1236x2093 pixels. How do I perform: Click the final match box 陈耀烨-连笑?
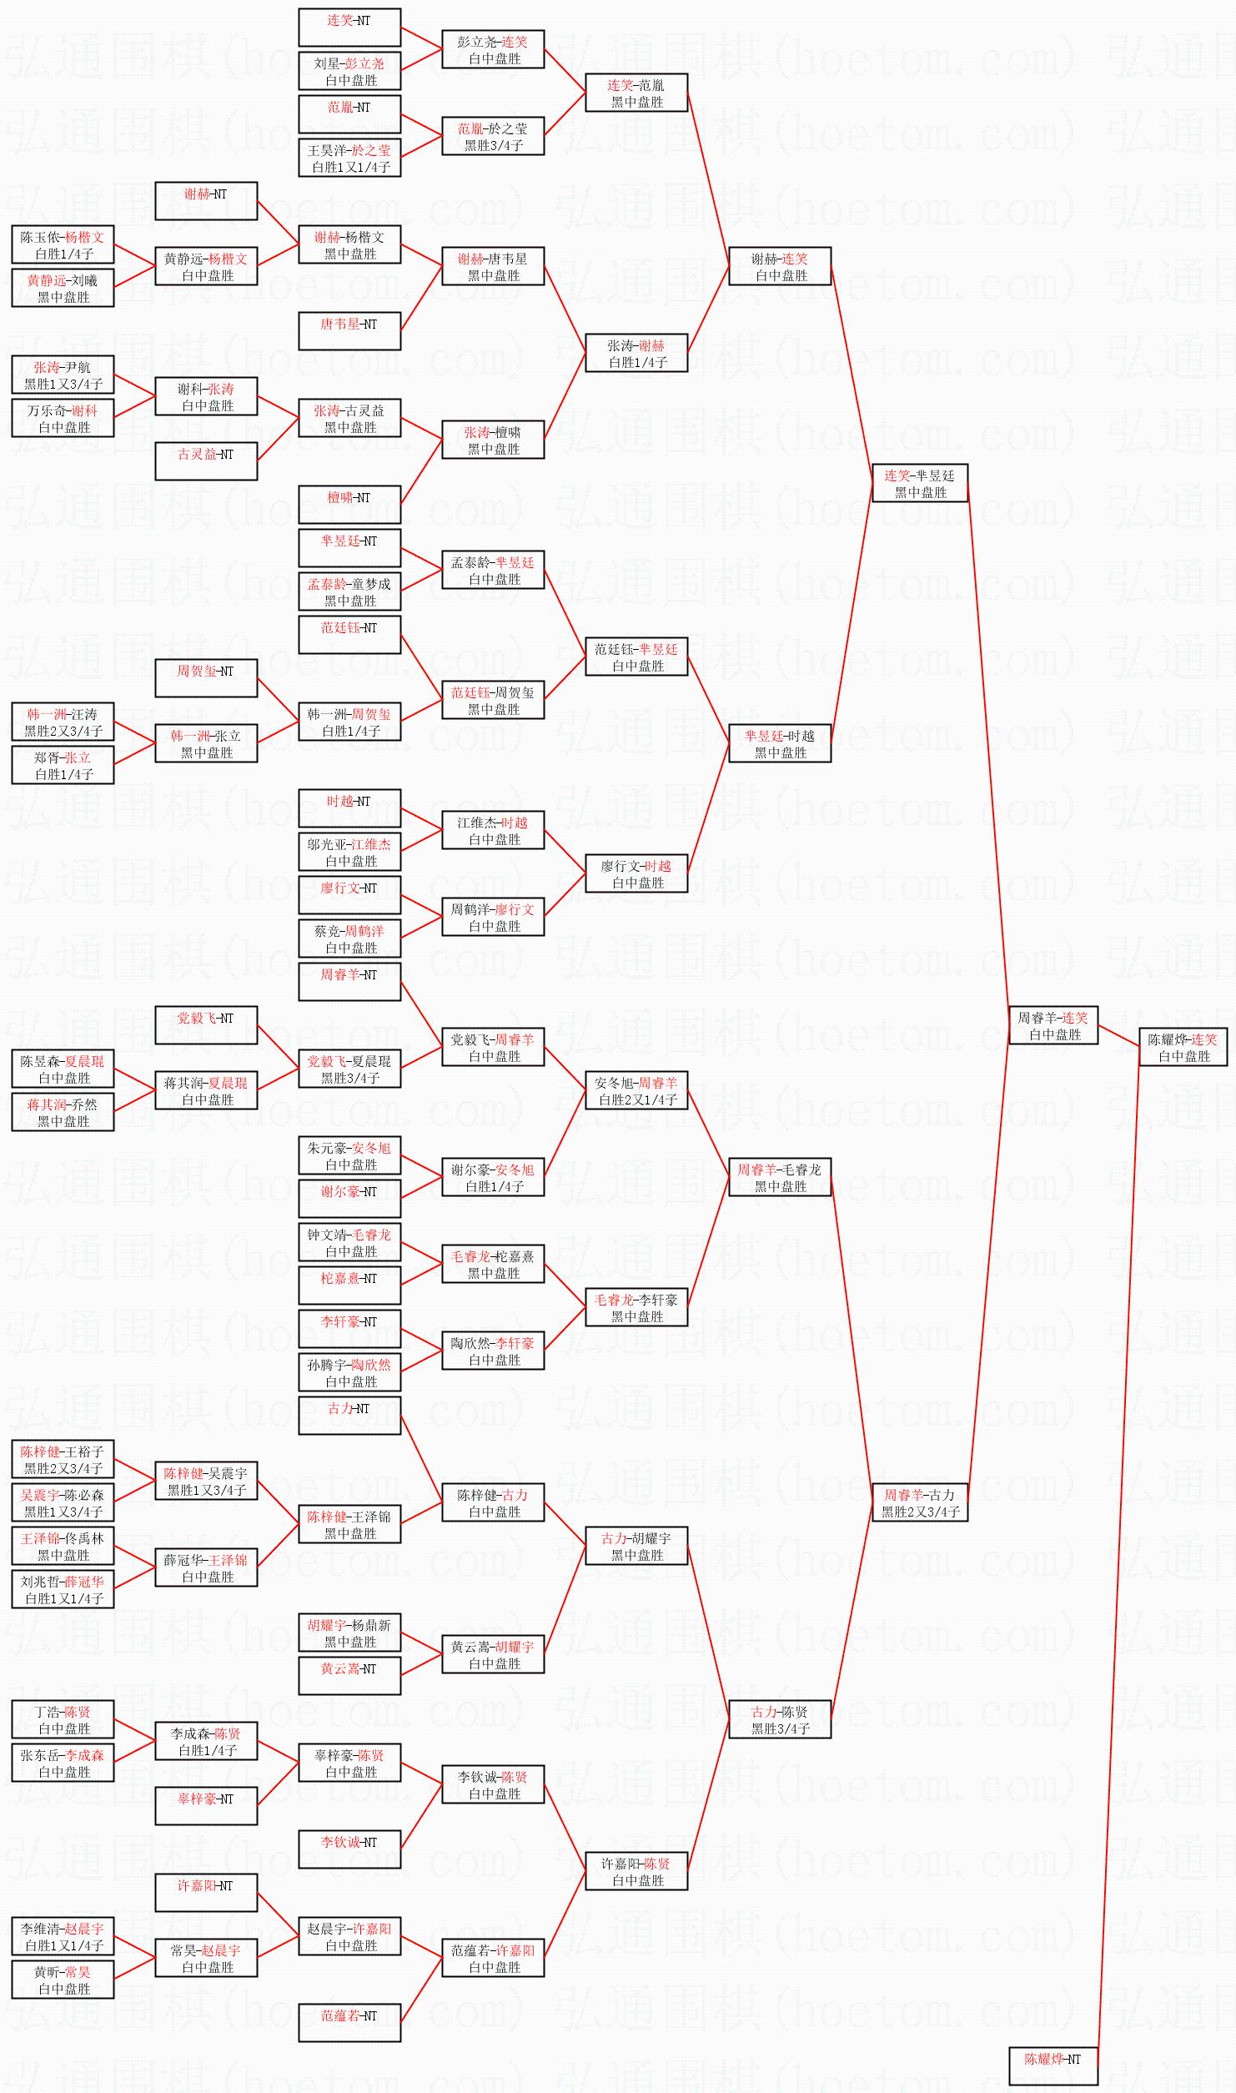click(x=1183, y=1047)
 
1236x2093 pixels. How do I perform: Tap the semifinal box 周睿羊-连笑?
click(x=1053, y=1025)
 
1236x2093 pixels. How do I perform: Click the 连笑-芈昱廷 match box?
click(x=919, y=483)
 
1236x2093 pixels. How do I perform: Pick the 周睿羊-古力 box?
click(x=919, y=1502)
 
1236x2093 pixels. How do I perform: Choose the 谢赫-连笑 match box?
click(x=780, y=266)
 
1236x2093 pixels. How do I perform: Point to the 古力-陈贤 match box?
click(x=780, y=1719)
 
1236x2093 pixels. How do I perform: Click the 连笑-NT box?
click(x=349, y=28)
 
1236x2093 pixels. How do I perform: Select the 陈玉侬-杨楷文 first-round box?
click(x=63, y=244)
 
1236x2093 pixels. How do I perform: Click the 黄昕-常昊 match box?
click(x=63, y=1980)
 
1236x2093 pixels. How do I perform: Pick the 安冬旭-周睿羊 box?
click(x=636, y=1090)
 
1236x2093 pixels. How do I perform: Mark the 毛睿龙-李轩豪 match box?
click(x=636, y=1307)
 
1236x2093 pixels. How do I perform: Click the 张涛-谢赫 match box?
click(x=636, y=353)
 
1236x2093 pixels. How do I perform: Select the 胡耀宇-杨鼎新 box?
click(x=349, y=1633)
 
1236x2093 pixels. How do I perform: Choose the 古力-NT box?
click(x=349, y=1416)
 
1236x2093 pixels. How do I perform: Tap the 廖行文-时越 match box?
click(x=636, y=873)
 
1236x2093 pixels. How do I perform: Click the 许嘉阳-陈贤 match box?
click(x=636, y=1871)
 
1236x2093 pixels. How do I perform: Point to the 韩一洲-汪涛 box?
click(x=63, y=722)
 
